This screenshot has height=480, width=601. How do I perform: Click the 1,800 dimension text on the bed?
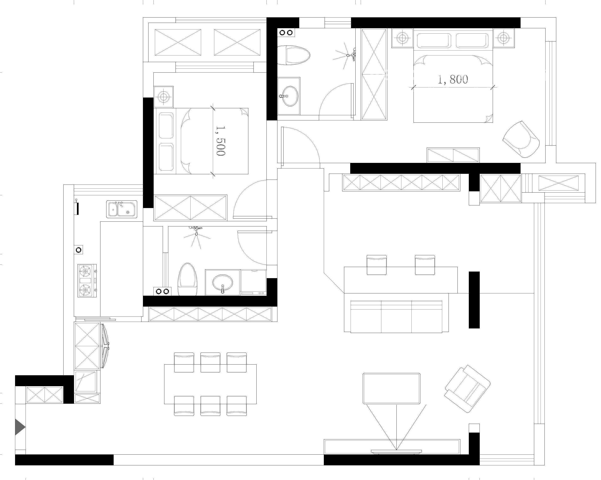(453, 80)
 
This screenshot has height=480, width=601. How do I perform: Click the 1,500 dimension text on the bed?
(220, 141)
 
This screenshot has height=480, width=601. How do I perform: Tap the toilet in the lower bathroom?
(188, 279)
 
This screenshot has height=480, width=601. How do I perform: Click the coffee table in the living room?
(391, 388)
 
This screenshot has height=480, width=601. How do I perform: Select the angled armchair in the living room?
(467, 389)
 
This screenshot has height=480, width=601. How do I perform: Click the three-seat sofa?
(396, 316)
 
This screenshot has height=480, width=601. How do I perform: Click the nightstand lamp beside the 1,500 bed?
(163, 97)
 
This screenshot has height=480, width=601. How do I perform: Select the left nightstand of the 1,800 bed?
(402, 38)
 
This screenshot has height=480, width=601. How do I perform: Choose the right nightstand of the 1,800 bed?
(504, 38)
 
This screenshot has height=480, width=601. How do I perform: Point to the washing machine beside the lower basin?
(253, 282)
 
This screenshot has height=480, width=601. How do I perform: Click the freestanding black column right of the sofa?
(474, 300)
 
